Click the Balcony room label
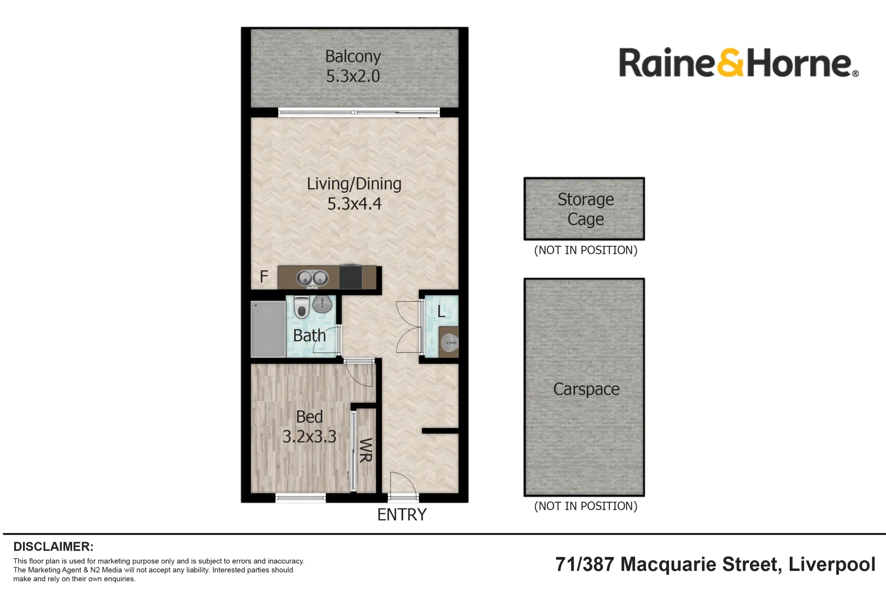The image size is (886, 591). (353, 56)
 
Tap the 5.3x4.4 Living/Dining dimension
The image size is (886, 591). (354, 204)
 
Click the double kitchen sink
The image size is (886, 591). (312, 279)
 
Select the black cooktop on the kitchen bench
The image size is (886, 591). (350, 277)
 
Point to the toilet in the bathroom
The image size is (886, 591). (301, 307)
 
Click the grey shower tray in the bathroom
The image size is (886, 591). (268, 329)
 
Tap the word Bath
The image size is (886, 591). (309, 335)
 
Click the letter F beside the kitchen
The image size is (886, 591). (264, 277)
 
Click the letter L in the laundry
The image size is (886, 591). (441, 311)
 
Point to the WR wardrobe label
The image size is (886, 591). (365, 450)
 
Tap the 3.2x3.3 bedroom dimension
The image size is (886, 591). (309, 437)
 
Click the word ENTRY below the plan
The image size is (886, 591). (402, 514)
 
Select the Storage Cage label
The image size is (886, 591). (585, 209)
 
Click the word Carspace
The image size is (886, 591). (586, 389)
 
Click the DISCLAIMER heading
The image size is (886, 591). (53, 546)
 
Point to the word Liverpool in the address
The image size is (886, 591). (831, 564)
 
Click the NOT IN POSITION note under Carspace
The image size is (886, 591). (585, 506)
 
